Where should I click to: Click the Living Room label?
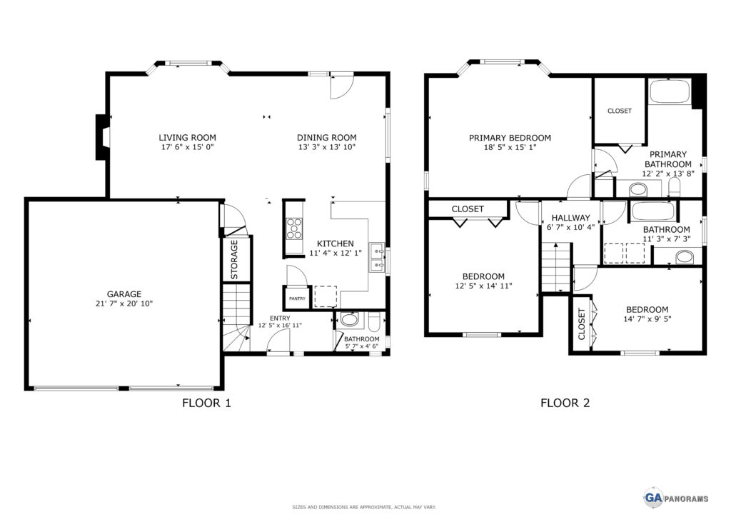(x=188, y=138)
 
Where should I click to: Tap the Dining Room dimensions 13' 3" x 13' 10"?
(x=327, y=147)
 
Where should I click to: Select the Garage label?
(x=124, y=294)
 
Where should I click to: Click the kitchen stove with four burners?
(x=294, y=229)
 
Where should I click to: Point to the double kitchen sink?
(x=377, y=257)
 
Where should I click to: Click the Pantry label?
(x=297, y=298)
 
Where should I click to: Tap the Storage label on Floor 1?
(x=234, y=260)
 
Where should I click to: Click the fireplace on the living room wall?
(x=103, y=138)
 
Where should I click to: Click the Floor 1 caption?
(x=206, y=403)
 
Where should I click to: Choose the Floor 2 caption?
(x=565, y=403)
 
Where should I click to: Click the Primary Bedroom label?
(x=510, y=138)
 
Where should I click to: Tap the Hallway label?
(x=570, y=218)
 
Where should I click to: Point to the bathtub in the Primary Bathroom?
(x=670, y=91)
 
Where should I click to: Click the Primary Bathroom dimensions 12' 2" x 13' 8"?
(x=668, y=174)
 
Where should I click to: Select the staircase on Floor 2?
(x=555, y=267)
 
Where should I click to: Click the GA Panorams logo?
(x=677, y=498)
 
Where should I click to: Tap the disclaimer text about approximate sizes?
(x=364, y=507)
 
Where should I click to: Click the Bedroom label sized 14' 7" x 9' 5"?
(x=647, y=309)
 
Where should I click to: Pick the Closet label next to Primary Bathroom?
(x=620, y=111)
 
